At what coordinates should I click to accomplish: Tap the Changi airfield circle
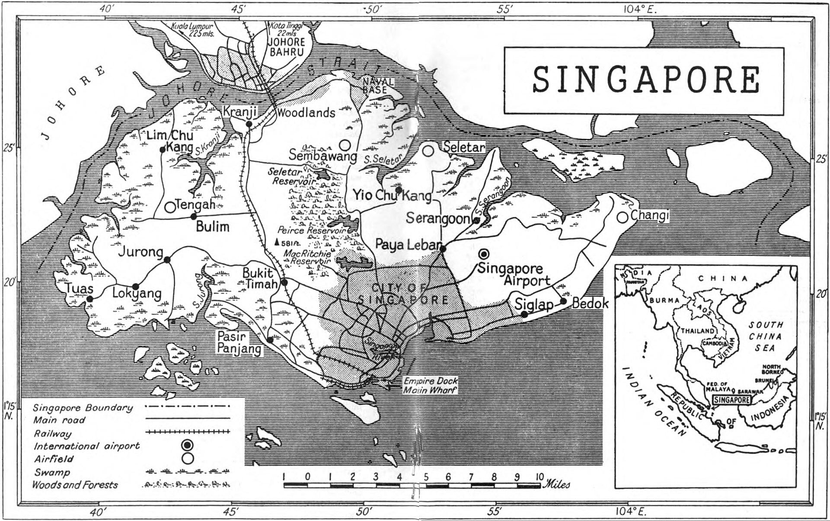[622, 217]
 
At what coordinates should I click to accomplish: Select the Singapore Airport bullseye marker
[484, 254]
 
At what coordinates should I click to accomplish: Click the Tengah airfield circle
[171, 207]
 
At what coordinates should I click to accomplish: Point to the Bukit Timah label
[258, 278]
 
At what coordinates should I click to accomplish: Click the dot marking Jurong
[167, 259]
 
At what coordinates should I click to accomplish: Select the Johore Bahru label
[287, 47]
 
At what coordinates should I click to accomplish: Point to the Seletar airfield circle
[428, 150]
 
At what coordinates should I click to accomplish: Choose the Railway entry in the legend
[52, 433]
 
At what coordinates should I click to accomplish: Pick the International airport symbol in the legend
[188, 444]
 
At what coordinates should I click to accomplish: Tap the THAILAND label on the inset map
[697, 331]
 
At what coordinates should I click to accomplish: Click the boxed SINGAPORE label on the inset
[732, 400]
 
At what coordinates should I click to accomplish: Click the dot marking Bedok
[563, 301]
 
